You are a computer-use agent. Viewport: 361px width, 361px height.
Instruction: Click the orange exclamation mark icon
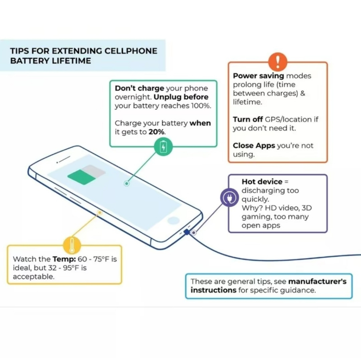278,62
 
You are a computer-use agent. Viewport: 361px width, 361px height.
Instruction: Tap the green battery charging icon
163,146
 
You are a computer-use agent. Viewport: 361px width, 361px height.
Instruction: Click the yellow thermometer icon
72,245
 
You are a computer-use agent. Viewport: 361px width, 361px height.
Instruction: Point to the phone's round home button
173,221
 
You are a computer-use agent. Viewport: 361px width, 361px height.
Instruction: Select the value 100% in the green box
201,106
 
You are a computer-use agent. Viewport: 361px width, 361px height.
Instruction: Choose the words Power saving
258,76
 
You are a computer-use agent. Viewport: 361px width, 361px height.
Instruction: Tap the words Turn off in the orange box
248,120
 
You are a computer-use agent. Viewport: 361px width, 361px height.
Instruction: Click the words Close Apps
254,146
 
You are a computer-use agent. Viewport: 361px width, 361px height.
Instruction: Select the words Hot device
262,182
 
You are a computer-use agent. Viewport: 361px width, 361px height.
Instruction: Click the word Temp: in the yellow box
64,259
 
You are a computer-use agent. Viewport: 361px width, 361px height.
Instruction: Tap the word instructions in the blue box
213,290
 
